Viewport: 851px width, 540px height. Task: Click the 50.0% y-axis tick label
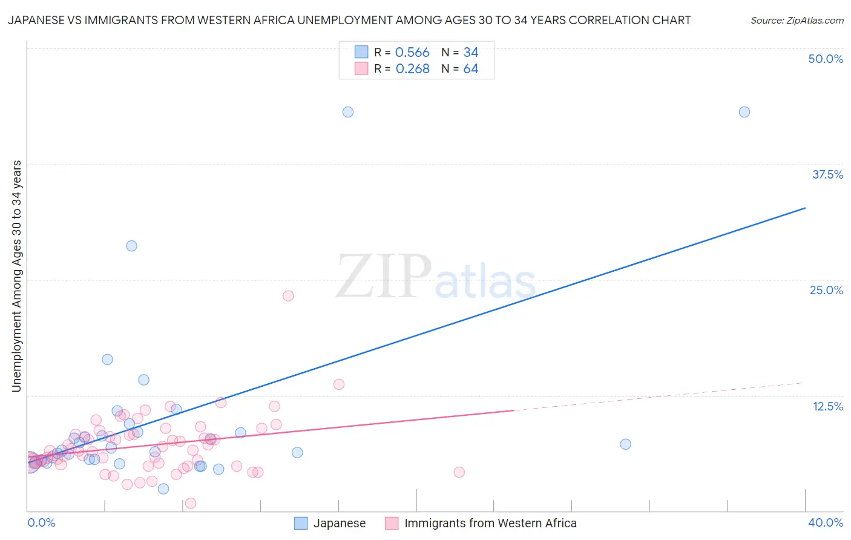826,59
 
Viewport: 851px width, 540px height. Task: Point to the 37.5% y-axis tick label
827,174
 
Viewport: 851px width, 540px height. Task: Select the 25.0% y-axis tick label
826,290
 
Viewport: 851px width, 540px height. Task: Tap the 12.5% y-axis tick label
827,406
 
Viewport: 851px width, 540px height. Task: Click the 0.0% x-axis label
41,522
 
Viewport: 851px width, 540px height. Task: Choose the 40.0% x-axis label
825,522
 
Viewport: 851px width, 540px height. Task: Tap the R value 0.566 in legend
412,53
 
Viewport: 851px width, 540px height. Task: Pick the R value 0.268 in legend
412,69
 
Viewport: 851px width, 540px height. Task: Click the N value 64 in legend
470,69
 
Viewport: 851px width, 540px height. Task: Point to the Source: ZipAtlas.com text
797,20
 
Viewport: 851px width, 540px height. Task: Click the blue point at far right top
744,112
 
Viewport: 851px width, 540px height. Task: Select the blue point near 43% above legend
348,112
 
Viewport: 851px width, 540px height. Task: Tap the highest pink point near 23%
288,296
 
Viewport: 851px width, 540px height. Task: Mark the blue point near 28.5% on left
131,246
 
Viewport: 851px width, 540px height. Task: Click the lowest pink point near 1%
190,503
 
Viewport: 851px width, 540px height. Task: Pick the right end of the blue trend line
805,208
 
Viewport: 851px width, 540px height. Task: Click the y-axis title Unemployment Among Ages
17,276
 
